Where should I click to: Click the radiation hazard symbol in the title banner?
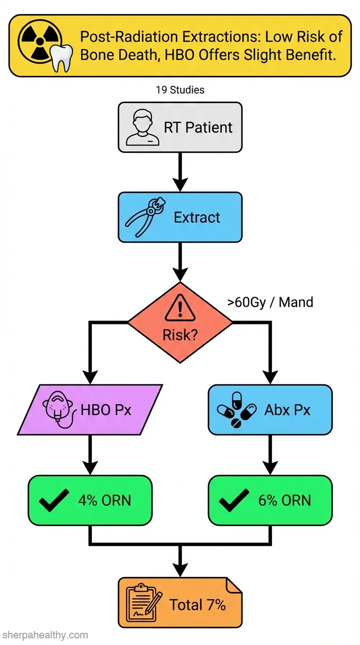(40, 42)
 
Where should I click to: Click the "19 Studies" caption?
(180, 90)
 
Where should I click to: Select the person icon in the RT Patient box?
(143, 127)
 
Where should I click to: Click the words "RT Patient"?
(198, 127)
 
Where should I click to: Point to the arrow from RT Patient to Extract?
(180, 172)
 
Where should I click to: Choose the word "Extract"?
(197, 217)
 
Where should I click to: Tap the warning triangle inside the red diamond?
(180, 307)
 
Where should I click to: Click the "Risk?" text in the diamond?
(180, 335)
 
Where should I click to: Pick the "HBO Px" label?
(105, 410)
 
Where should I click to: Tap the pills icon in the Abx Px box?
(236, 410)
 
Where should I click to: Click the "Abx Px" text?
(287, 410)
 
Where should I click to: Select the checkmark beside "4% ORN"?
(54, 500)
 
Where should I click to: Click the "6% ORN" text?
(285, 501)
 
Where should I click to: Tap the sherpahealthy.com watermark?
(45, 635)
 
